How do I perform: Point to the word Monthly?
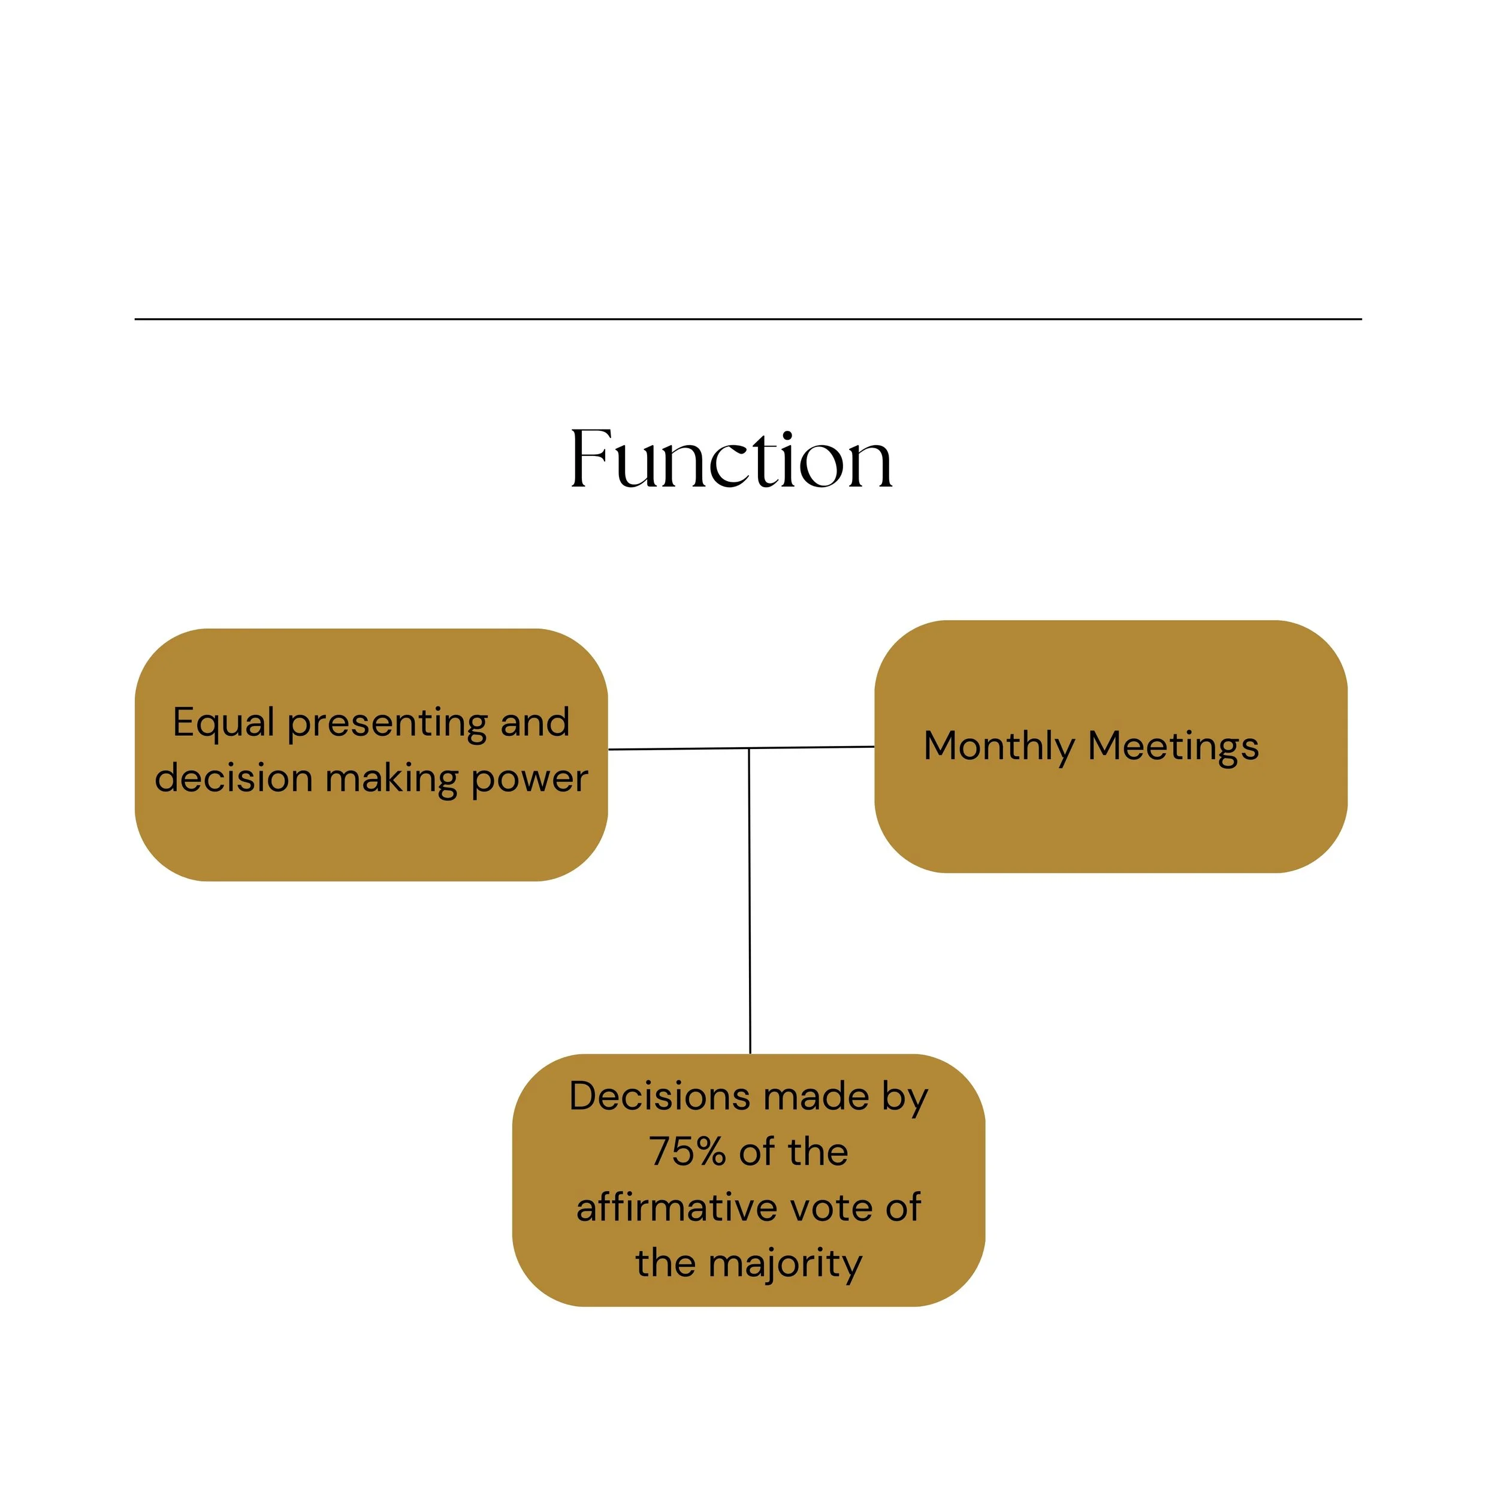pos(998,747)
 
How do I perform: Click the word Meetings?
pos(1173,747)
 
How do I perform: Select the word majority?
pos(785,1264)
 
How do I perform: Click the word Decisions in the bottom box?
pos(659,1097)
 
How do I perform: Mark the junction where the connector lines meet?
pos(749,749)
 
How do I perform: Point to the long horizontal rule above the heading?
pos(748,319)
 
